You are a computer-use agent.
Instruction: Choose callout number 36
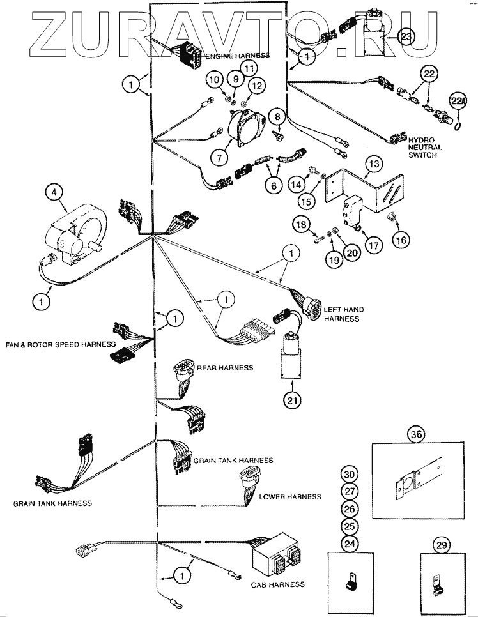pyautogui.click(x=417, y=435)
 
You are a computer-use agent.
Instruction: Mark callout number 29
pyautogui.click(x=442, y=544)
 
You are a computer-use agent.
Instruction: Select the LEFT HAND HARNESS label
pyautogui.click(x=343, y=314)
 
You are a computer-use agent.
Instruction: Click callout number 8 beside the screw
pyautogui.click(x=278, y=117)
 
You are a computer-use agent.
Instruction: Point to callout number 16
pyautogui.click(x=401, y=240)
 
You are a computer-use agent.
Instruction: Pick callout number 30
pyautogui.click(x=348, y=475)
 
